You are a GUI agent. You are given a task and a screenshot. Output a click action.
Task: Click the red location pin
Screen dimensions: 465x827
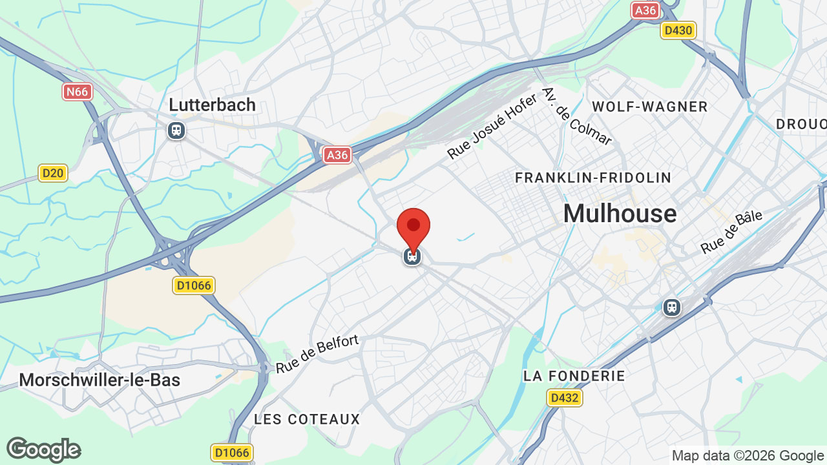pyautogui.click(x=413, y=227)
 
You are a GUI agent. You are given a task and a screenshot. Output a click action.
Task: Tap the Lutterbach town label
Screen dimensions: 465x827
pyautogui.click(x=212, y=105)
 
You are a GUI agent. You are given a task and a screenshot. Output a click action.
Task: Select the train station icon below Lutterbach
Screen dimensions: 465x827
pyautogui.click(x=176, y=130)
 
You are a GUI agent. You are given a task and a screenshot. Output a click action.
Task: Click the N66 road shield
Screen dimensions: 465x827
pyautogui.click(x=78, y=92)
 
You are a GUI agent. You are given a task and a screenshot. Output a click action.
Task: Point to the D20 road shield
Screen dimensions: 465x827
pyautogui.click(x=53, y=173)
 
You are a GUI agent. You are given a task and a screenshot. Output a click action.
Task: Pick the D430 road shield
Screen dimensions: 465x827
pyautogui.click(x=678, y=30)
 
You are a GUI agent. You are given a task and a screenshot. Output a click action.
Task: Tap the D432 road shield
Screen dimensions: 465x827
pyautogui.click(x=564, y=398)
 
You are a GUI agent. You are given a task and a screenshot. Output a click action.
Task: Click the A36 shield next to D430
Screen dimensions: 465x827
pyautogui.click(x=645, y=10)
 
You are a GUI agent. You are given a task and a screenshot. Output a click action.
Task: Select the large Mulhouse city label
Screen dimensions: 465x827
pyautogui.click(x=620, y=213)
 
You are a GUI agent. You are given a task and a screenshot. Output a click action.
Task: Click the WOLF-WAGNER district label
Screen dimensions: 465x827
pyautogui.click(x=650, y=107)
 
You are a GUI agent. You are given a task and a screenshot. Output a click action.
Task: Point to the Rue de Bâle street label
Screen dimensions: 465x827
pyautogui.click(x=731, y=232)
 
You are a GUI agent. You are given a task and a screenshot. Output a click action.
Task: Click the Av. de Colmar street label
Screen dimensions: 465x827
pyautogui.click(x=577, y=116)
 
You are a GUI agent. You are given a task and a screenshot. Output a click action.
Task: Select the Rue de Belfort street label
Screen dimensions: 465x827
pyautogui.click(x=317, y=354)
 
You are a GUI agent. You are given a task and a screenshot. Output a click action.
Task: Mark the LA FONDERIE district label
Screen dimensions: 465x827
pyautogui.click(x=574, y=376)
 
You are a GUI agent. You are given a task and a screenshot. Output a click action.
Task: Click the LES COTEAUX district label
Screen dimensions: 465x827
pyautogui.click(x=307, y=419)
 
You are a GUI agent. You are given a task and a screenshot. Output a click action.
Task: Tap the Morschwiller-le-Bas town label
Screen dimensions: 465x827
pyautogui.click(x=99, y=380)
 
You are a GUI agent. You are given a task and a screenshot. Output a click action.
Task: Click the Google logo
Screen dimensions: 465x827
pyautogui.click(x=44, y=449)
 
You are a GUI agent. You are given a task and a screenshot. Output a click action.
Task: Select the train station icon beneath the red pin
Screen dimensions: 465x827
pyautogui.click(x=412, y=256)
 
